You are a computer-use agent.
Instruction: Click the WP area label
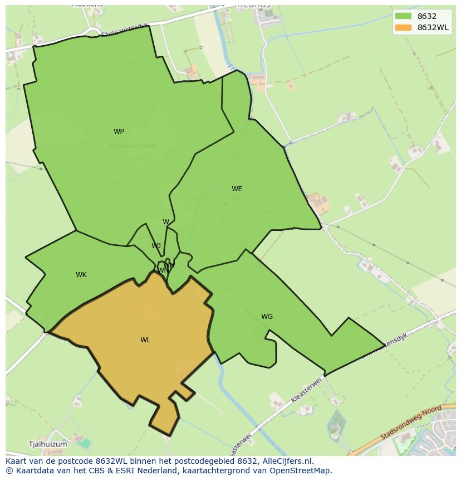119,132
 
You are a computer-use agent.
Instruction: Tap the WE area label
237,189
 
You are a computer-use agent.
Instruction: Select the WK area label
81,275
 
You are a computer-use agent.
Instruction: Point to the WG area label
267,317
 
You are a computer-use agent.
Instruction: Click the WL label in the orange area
145,340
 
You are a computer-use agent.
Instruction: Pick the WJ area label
156,246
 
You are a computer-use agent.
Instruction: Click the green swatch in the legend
403,16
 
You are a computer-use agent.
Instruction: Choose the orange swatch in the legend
403,27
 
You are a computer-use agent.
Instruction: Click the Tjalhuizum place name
47,444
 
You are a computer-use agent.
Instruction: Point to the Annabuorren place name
132,146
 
